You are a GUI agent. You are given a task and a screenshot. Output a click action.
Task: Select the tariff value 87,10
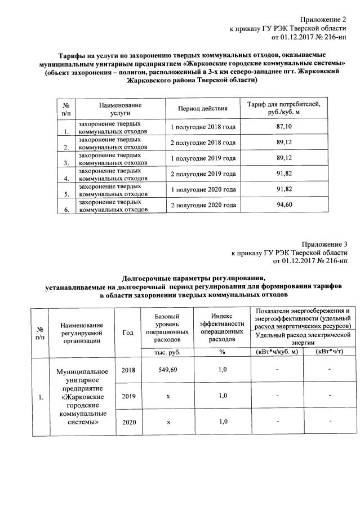tap(284, 127)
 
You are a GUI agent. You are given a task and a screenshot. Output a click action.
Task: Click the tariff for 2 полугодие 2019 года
tap(284, 174)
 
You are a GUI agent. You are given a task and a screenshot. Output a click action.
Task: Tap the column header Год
tap(128, 332)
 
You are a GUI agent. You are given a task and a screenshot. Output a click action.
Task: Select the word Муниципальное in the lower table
tap(82, 372)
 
